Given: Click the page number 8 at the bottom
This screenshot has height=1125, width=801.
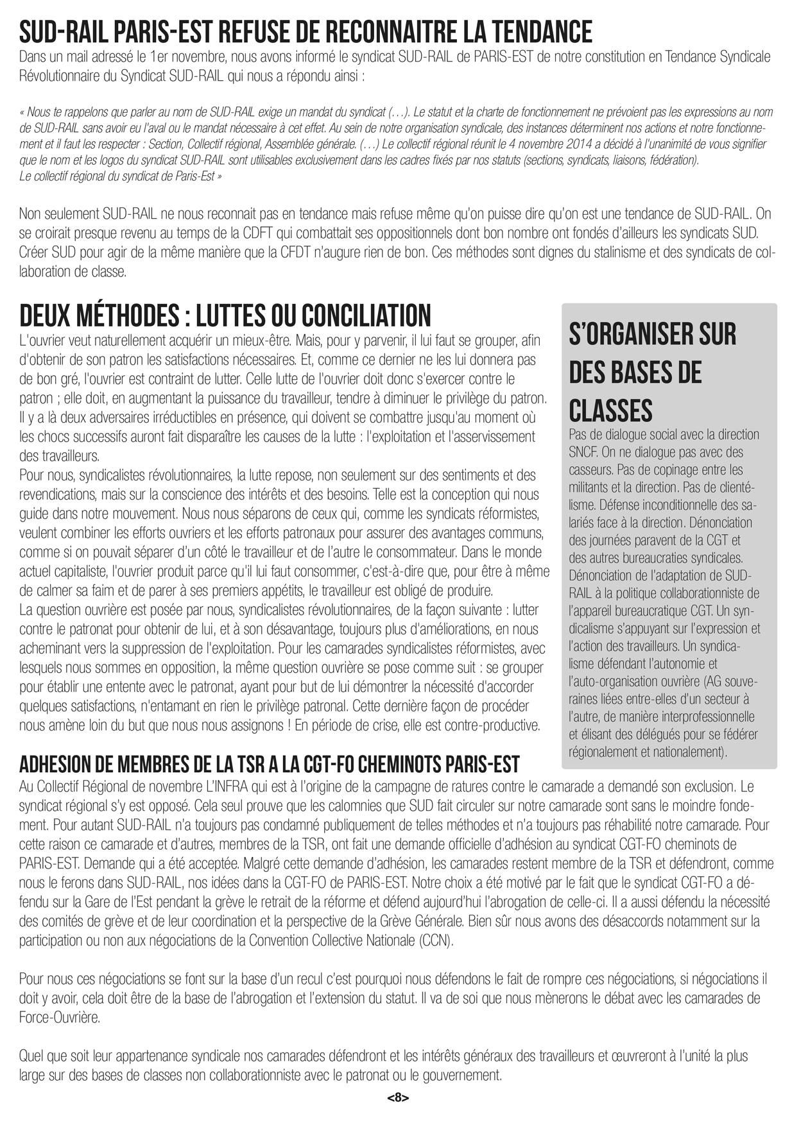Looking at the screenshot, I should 398,1098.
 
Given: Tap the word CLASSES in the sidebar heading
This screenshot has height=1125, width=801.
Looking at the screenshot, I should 610,410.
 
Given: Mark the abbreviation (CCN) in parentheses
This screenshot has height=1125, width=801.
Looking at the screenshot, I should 436,940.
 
